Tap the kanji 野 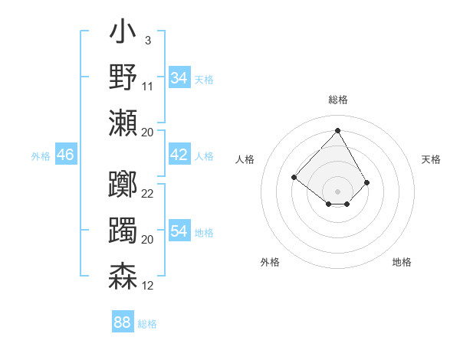click(x=123, y=77)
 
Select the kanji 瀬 click(x=123, y=123)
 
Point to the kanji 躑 click(x=123, y=184)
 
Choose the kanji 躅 click(x=123, y=230)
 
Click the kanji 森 click(x=123, y=276)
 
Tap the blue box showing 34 click(x=179, y=78)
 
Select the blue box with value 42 click(x=179, y=155)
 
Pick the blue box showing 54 click(x=179, y=231)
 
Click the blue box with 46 click(x=66, y=155)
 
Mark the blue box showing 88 click(x=123, y=322)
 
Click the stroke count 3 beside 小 click(x=147, y=40)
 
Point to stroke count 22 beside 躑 click(x=148, y=193)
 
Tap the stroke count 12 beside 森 click(x=148, y=285)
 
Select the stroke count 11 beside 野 click(x=148, y=86)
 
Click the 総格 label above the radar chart click(x=337, y=100)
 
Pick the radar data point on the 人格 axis click(x=294, y=177)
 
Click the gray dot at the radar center click(x=337, y=191)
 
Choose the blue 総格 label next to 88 click(x=147, y=324)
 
